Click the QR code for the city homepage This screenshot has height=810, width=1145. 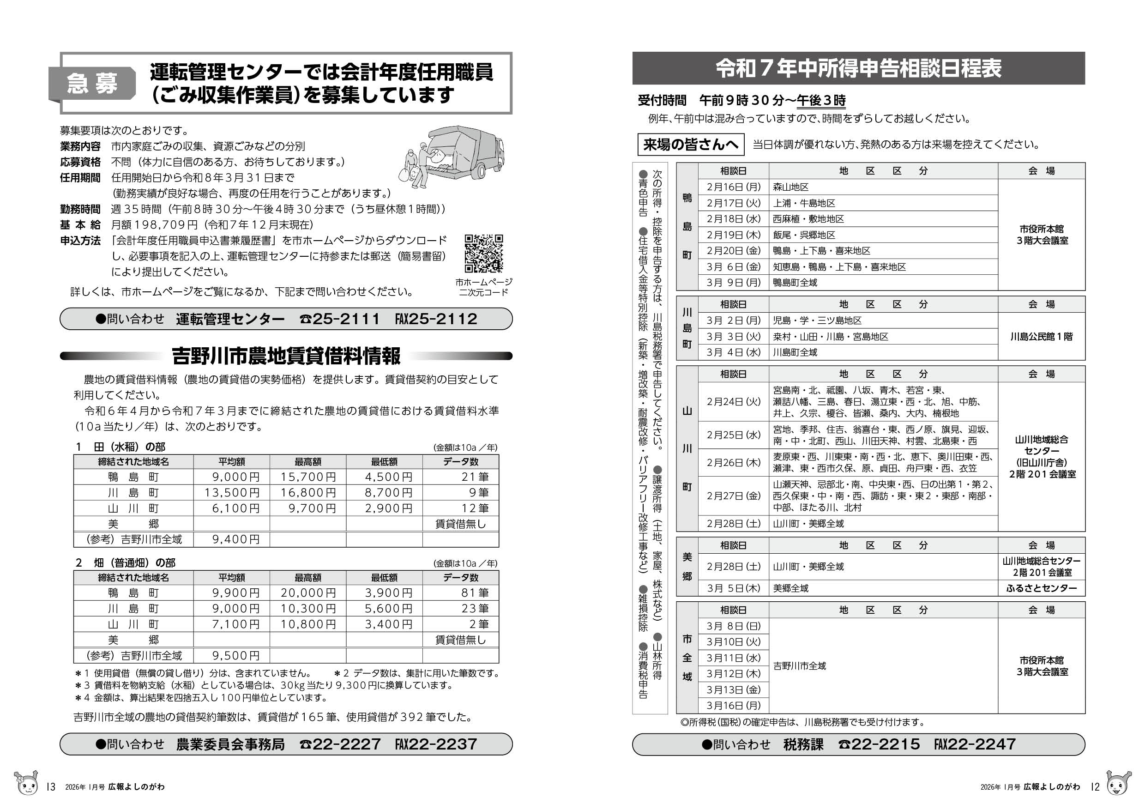[x=483, y=254]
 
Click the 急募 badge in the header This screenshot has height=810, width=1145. [x=92, y=83]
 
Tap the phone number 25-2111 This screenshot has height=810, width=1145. [x=346, y=319]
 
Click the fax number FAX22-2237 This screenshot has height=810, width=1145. [x=436, y=744]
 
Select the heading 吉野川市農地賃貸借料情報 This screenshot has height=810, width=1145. [x=286, y=356]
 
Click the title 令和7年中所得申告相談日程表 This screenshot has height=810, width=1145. [x=858, y=69]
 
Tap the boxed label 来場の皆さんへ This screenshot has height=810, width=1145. [x=690, y=145]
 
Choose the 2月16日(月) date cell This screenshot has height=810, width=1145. [x=733, y=187]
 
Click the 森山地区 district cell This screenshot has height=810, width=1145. [x=790, y=187]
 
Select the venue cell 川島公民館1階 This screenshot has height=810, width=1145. [x=1041, y=337]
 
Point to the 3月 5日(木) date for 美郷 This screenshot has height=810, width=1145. [x=733, y=588]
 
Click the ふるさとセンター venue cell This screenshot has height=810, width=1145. [x=1041, y=588]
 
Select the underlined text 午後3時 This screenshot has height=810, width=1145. [x=821, y=101]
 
